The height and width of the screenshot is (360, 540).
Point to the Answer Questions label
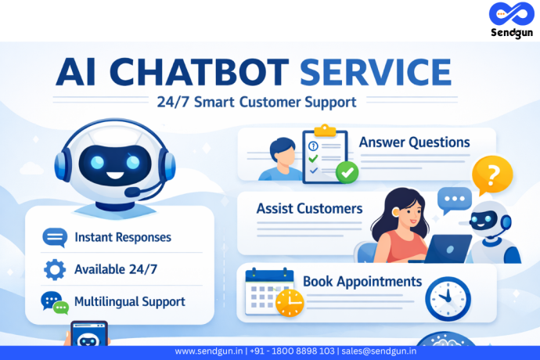click(x=414, y=142)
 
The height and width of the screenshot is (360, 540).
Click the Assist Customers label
click(x=309, y=209)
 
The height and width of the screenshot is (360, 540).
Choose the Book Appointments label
click(x=362, y=281)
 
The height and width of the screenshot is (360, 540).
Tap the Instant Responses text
click(x=122, y=236)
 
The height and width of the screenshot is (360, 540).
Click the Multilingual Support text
click(x=129, y=301)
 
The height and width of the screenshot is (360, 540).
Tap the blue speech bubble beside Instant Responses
click(x=55, y=236)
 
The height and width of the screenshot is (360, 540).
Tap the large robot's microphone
click(x=133, y=192)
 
